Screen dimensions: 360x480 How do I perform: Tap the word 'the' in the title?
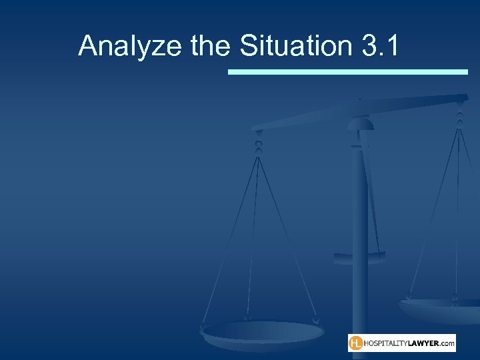210,47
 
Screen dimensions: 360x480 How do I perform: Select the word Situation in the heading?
297,47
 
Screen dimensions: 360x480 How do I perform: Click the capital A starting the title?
88,47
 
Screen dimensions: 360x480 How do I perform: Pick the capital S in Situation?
247,47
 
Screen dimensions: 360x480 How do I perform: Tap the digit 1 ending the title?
393,47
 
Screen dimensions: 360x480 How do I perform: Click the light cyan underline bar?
347,71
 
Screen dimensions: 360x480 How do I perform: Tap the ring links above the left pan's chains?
258,142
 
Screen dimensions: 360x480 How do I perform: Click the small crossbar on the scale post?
360,255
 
